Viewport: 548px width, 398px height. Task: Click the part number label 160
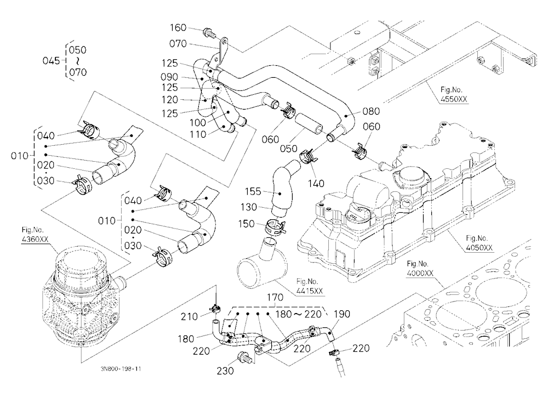(178, 27)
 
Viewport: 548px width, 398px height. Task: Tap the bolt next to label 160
(208, 33)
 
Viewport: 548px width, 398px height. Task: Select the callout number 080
(371, 111)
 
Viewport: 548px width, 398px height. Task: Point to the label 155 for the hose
(253, 191)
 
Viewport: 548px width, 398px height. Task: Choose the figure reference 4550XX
(454, 99)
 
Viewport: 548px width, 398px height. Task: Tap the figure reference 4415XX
(309, 291)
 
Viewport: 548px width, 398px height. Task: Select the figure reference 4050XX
(479, 248)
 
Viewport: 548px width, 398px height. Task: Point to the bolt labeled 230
(244, 357)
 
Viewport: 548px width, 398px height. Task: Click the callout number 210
(189, 316)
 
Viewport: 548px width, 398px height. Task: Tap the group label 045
(52, 60)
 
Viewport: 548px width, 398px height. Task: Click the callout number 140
(316, 183)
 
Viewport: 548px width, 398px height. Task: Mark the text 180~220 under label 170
(298, 314)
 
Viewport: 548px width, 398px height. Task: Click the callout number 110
(198, 134)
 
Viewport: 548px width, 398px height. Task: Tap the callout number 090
(169, 77)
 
